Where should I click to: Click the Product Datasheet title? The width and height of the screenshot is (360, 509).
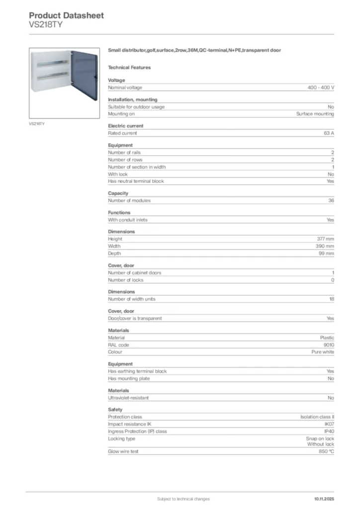pyautogui.click(x=66, y=15)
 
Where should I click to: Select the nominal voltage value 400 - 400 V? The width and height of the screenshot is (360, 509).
pyautogui.click(x=321, y=87)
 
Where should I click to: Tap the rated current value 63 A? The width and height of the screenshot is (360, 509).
pyautogui.click(x=329, y=133)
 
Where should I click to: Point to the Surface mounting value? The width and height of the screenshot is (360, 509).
pyautogui.click(x=315, y=114)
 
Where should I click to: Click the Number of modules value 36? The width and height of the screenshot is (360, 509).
pyautogui.click(x=331, y=200)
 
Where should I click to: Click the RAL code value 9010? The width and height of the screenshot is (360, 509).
pyautogui.click(x=329, y=344)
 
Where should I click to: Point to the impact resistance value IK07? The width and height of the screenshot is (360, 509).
pyautogui.click(x=329, y=424)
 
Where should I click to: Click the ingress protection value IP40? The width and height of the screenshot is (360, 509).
pyautogui.click(x=329, y=431)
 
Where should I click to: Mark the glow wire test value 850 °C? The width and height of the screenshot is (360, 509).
pyautogui.click(x=326, y=451)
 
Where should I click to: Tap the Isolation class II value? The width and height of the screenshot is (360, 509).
pyautogui.click(x=317, y=417)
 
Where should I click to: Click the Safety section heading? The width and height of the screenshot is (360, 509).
pyautogui.click(x=115, y=410)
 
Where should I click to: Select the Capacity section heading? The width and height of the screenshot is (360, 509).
pyautogui.click(x=118, y=193)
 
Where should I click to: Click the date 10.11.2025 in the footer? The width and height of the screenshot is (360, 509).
pyautogui.click(x=324, y=499)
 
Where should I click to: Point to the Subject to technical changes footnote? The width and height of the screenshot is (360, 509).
pyautogui.click(x=183, y=499)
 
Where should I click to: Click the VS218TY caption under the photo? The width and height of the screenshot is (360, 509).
pyautogui.click(x=37, y=124)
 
